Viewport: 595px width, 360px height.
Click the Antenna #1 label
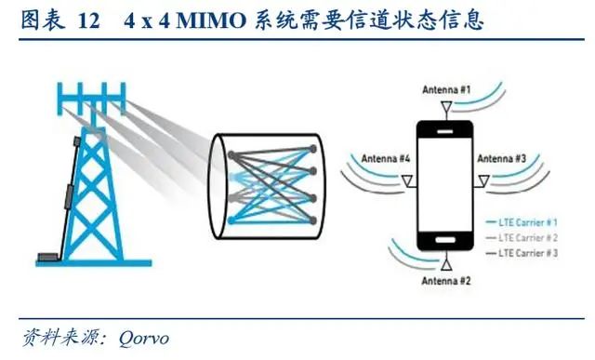click(446, 90)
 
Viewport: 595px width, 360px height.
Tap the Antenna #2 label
click(446, 281)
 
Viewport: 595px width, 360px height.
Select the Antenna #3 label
click(502, 158)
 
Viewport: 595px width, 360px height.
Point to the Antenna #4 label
click(386, 158)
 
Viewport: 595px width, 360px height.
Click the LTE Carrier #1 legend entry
click(522, 222)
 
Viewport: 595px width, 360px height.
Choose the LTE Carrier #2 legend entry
click(522, 238)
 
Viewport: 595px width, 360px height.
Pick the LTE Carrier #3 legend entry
click(522, 253)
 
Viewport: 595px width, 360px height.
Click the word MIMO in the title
click(211, 20)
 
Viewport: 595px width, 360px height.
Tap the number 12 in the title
click(88, 20)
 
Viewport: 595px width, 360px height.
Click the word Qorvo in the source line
click(144, 338)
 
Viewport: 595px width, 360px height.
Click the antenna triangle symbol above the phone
click(446, 108)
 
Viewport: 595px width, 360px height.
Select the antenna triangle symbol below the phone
click(446, 264)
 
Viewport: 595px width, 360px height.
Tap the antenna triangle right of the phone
click(483, 181)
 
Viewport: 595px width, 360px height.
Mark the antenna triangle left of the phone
click(407, 181)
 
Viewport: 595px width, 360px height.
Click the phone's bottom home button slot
click(445, 240)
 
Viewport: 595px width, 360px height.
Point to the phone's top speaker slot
click(444, 131)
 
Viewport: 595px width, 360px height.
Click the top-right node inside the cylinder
click(312, 149)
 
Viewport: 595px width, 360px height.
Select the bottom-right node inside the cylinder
click(312, 220)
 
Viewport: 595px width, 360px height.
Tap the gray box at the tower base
click(48, 257)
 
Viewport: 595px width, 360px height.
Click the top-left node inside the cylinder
click(231, 154)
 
